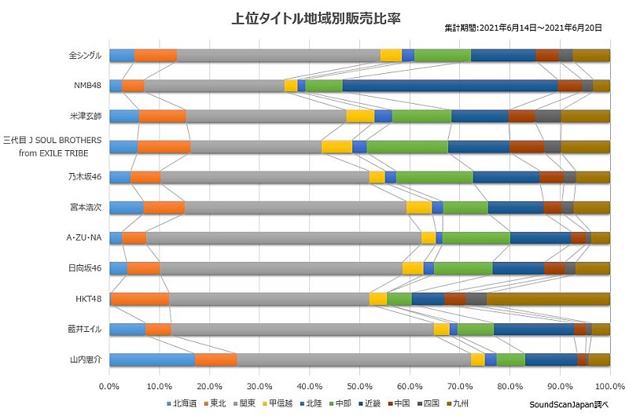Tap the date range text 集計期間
[523, 27]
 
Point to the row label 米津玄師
[86, 116]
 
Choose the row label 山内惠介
[86, 359]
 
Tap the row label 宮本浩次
[86, 208]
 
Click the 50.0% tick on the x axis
[359, 386]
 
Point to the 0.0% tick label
[109, 386]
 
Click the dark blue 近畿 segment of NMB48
[450, 86]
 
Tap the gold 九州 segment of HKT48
[548, 299]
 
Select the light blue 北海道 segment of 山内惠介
[152, 359]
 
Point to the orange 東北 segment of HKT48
[140, 299]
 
